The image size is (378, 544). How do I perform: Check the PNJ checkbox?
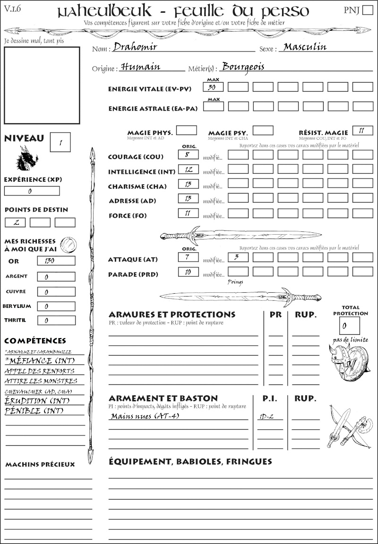pyautogui.click(x=367, y=11)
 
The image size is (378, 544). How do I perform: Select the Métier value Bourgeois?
pyautogui.click(x=243, y=67)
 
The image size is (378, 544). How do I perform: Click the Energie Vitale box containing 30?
pyautogui.click(x=213, y=87)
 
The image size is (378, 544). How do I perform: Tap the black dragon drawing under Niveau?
pyautogui.click(x=27, y=158)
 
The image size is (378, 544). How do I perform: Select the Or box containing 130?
pyautogui.click(x=56, y=261)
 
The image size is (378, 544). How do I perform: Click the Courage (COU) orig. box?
pyautogui.click(x=188, y=154)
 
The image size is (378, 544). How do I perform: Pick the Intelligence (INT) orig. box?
pyautogui.click(x=188, y=170)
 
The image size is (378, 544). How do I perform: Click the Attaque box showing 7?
pyautogui.click(x=188, y=257)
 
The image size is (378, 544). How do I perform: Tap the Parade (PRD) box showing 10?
pyautogui.click(x=188, y=272)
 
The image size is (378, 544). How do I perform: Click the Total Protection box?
pyautogui.click(x=349, y=325)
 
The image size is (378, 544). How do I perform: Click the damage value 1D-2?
pyautogui.click(x=267, y=416)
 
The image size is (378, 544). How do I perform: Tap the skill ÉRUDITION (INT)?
pyautogui.click(x=37, y=401)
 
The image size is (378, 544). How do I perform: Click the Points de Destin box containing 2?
pyautogui.click(x=15, y=222)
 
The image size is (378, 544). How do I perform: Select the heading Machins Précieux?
pyautogui.click(x=40, y=465)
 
